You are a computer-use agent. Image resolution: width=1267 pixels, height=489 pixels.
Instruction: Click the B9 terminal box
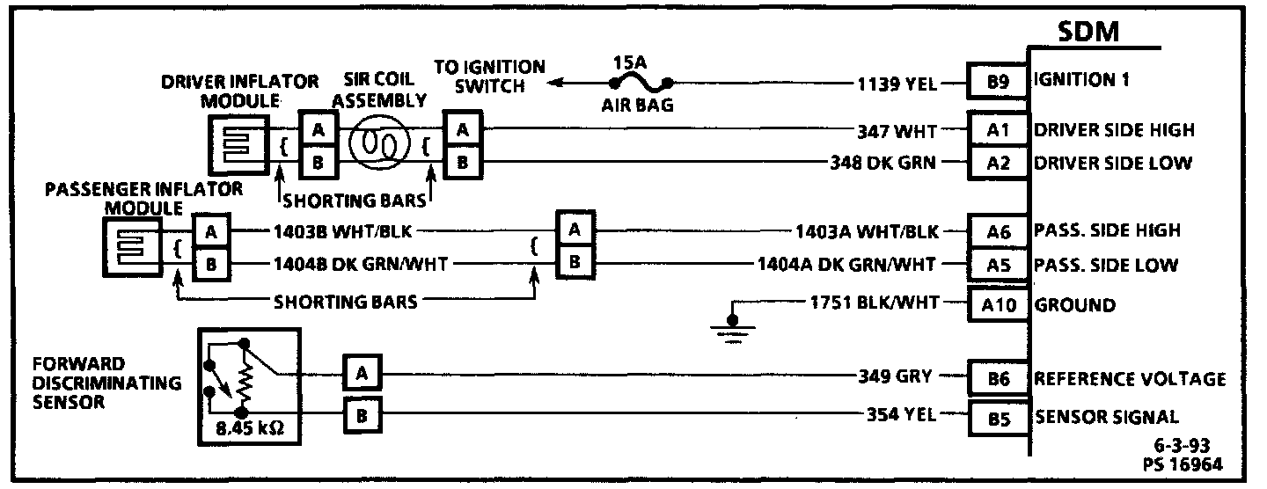click(998, 84)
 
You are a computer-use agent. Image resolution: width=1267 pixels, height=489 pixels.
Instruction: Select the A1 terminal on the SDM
click(998, 131)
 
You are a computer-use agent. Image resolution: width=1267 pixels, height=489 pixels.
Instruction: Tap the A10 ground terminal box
click(998, 306)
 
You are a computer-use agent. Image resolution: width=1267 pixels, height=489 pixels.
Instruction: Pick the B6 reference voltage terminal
click(998, 379)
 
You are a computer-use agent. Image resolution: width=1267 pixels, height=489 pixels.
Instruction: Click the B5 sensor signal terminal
click(998, 419)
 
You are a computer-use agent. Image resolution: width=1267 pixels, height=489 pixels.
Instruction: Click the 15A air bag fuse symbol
click(641, 84)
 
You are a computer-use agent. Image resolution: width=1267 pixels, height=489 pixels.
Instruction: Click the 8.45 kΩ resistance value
click(254, 430)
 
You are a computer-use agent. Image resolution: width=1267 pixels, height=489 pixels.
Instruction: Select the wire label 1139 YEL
click(897, 84)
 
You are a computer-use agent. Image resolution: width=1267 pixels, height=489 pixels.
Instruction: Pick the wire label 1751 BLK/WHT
click(875, 304)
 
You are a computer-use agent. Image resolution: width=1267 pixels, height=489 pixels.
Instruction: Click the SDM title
click(1088, 33)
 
